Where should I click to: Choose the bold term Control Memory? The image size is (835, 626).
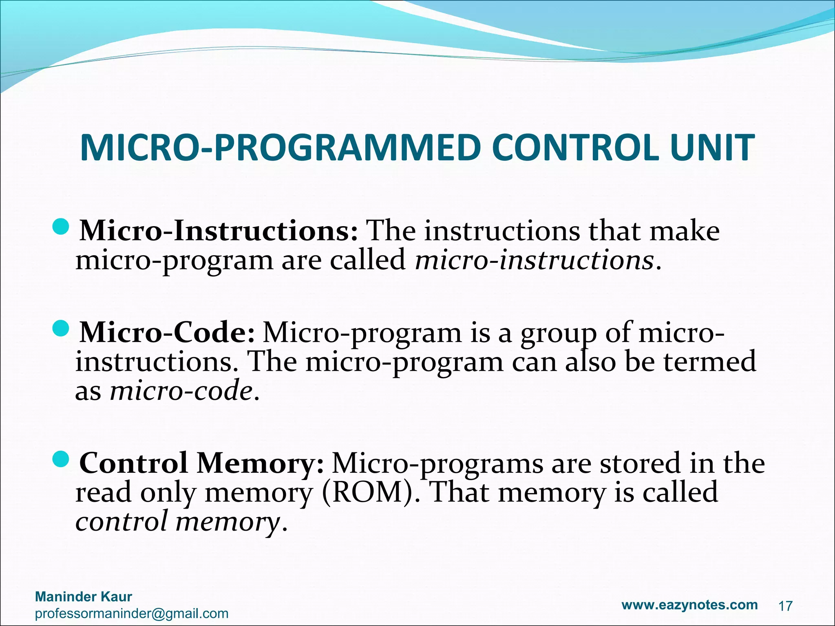202,464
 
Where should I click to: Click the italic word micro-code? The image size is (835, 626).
181,392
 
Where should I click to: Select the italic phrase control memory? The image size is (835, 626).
178,522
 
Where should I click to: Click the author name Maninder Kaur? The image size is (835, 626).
84,597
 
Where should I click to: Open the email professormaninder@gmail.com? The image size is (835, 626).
132,613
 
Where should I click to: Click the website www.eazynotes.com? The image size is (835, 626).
689,605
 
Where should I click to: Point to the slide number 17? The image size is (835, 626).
785,606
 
